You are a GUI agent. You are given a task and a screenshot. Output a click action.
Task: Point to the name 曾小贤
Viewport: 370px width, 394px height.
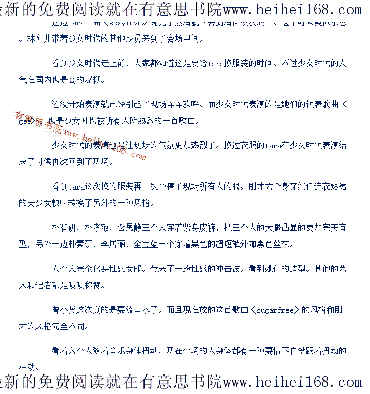click(x=64, y=310)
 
